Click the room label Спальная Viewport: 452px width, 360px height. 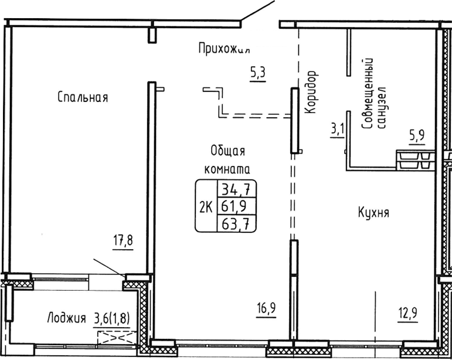[83, 97]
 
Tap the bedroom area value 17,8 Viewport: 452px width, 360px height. [123, 240]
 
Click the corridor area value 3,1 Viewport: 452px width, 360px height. [337, 128]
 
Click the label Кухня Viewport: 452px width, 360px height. [373, 212]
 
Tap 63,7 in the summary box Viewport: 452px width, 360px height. [237, 223]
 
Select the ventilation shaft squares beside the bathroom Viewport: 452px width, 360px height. [415, 159]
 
